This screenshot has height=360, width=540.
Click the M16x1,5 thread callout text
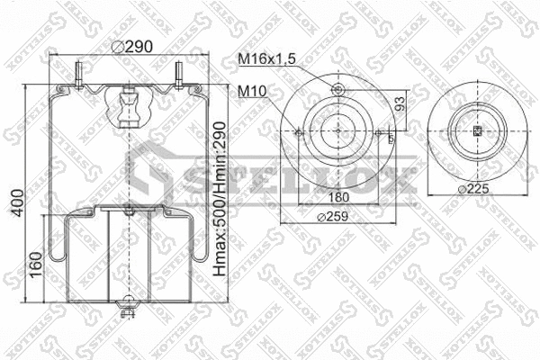[267, 59]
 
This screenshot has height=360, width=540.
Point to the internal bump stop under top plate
[129, 105]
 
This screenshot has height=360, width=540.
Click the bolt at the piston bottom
[128, 311]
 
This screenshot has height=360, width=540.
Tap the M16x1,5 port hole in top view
[338, 89]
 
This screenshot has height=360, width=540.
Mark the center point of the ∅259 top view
[338, 131]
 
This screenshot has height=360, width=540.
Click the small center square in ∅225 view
[477, 131]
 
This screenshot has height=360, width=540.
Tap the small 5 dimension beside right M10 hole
[390, 139]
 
